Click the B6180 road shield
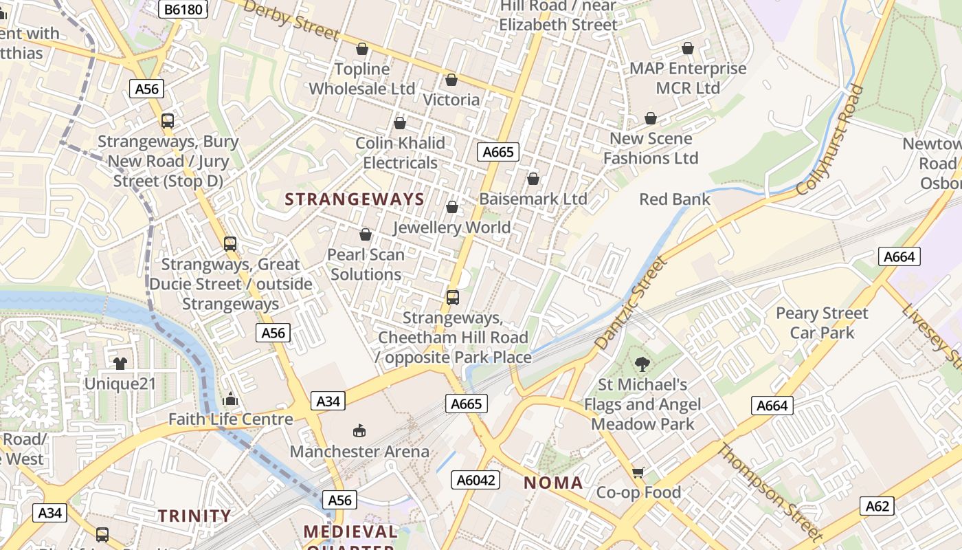pos(182,9)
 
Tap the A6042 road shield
pos(475,480)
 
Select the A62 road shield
pos(877,507)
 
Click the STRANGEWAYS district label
pos(355,199)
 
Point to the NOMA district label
pos(553,483)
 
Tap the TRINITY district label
pos(195,516)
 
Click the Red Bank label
pos(674,199)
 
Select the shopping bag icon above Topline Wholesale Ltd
pos(362,49)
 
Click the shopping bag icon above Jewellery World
pos(452,207)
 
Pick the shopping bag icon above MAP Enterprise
pos(688,48)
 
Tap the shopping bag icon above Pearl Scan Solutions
pos(366,235)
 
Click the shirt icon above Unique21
pos(120,363)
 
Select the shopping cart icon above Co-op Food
pos(638,472)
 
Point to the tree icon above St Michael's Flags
pos(642,364)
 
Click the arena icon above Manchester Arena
pos(359,431)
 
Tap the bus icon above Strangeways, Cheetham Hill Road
pos(452,297)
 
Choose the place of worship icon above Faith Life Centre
pos(230,399)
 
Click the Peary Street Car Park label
pos(822,323)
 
